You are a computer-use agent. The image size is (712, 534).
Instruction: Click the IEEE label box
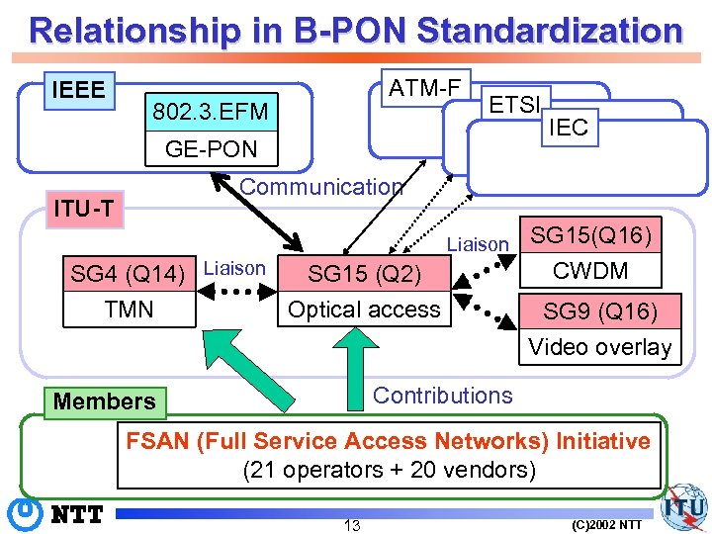point(78,90)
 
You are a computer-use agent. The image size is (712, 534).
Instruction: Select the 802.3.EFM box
point(210,112)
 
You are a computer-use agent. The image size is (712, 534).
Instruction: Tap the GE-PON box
point(210,149)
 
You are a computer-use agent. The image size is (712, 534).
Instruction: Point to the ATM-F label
point(424,89)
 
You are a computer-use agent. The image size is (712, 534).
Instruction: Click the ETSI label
point(513,105)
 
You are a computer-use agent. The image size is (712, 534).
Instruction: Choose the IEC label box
point(568,126)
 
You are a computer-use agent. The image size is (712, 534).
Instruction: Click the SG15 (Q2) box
point(364,273)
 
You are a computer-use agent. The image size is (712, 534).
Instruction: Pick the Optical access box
point(364,310)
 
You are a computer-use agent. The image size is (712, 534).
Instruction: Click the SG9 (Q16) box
point(600,311)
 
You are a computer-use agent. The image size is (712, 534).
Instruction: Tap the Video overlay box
point(600,347)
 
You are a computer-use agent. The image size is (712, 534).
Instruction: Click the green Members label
point(105,401)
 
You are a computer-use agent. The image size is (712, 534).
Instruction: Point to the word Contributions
point(442,396)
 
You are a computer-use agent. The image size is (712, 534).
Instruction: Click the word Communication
point(321,187)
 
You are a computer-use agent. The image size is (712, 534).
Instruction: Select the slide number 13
point(351,524)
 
